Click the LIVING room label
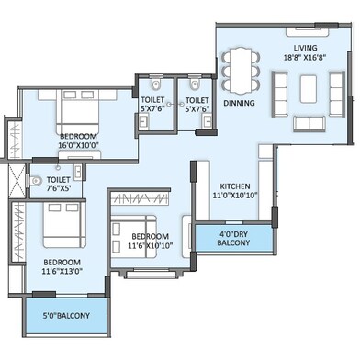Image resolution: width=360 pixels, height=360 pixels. pos(305,48)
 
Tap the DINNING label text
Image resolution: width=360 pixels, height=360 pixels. pos(239,103)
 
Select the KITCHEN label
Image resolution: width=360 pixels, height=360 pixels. pos(235,186)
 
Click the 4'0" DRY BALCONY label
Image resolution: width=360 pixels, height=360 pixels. pos(233,239)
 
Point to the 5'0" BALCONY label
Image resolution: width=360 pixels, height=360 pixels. pos(66,316)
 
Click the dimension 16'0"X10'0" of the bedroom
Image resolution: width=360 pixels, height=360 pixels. pos(79,145)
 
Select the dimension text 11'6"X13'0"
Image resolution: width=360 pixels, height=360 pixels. pos(62,271)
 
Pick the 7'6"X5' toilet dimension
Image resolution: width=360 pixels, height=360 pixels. pos(59,188)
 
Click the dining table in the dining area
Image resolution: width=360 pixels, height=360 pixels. pos(241,71)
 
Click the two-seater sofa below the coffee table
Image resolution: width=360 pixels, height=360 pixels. pos(309,124)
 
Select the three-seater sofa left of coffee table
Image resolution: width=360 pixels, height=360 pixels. pos(279,94)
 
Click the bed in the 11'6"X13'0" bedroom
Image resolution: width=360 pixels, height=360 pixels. pos(64,225)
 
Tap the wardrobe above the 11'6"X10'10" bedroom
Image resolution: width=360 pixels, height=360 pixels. pos(140,199)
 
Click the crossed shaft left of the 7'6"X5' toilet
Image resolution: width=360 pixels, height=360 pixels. pos(17,181)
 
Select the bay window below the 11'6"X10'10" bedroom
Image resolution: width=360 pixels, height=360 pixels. pos(152,274)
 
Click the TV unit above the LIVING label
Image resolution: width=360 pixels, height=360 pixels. pos(308,32)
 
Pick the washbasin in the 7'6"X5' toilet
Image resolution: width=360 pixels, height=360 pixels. pos(78,171)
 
